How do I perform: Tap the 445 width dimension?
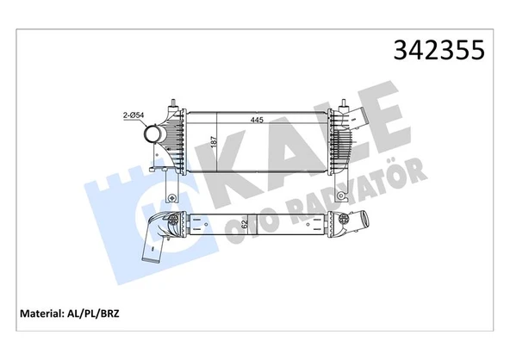click(258, 121)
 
